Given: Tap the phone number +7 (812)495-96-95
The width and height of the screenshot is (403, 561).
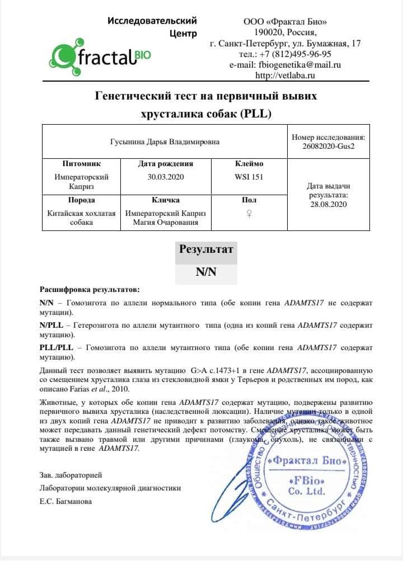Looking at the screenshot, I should click(293, 54).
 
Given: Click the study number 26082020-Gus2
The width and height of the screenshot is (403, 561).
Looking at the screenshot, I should click(328, 147).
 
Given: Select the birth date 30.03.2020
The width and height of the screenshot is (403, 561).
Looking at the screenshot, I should click(165, 177).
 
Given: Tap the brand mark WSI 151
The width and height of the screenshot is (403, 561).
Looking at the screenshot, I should click(249, 177).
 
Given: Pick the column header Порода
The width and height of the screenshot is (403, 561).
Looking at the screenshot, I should click(81, 200).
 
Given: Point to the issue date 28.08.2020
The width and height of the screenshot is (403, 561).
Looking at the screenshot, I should click(328, 205).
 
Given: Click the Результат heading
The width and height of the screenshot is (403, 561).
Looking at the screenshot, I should click(206, 250).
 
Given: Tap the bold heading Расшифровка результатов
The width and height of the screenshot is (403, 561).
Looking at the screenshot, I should click(90, 290).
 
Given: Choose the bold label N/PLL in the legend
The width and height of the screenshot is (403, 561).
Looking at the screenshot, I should click(51, 324).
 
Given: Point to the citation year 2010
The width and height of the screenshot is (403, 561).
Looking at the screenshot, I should click(119, 389).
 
